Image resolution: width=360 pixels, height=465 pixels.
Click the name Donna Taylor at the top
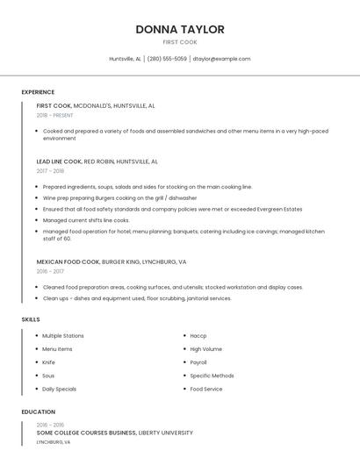(179, 29)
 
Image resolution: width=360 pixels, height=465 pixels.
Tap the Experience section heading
(38, 92)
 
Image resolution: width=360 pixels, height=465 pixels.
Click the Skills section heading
(31, 319)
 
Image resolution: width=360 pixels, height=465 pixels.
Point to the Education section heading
(38, 411)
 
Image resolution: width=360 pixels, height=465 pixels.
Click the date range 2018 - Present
(55, 115)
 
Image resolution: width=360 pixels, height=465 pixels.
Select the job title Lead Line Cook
(59, 161)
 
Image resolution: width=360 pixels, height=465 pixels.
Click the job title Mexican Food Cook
(68, 261)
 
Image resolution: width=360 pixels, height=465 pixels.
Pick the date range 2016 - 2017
(50, 271)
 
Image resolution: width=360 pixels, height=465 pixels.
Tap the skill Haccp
(198, 336)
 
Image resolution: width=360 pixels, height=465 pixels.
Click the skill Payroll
(198, 362)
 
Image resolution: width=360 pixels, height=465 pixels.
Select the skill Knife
(48, 362)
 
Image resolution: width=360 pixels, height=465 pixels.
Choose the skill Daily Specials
(59, 389)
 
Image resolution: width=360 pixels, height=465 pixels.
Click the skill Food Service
(206, 389)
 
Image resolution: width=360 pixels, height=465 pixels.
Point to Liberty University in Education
(166, 433)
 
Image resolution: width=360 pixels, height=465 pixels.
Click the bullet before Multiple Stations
(36, 336)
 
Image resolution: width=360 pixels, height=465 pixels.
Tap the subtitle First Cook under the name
(179, 42)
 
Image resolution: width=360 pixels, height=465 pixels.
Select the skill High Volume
(206, 349)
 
